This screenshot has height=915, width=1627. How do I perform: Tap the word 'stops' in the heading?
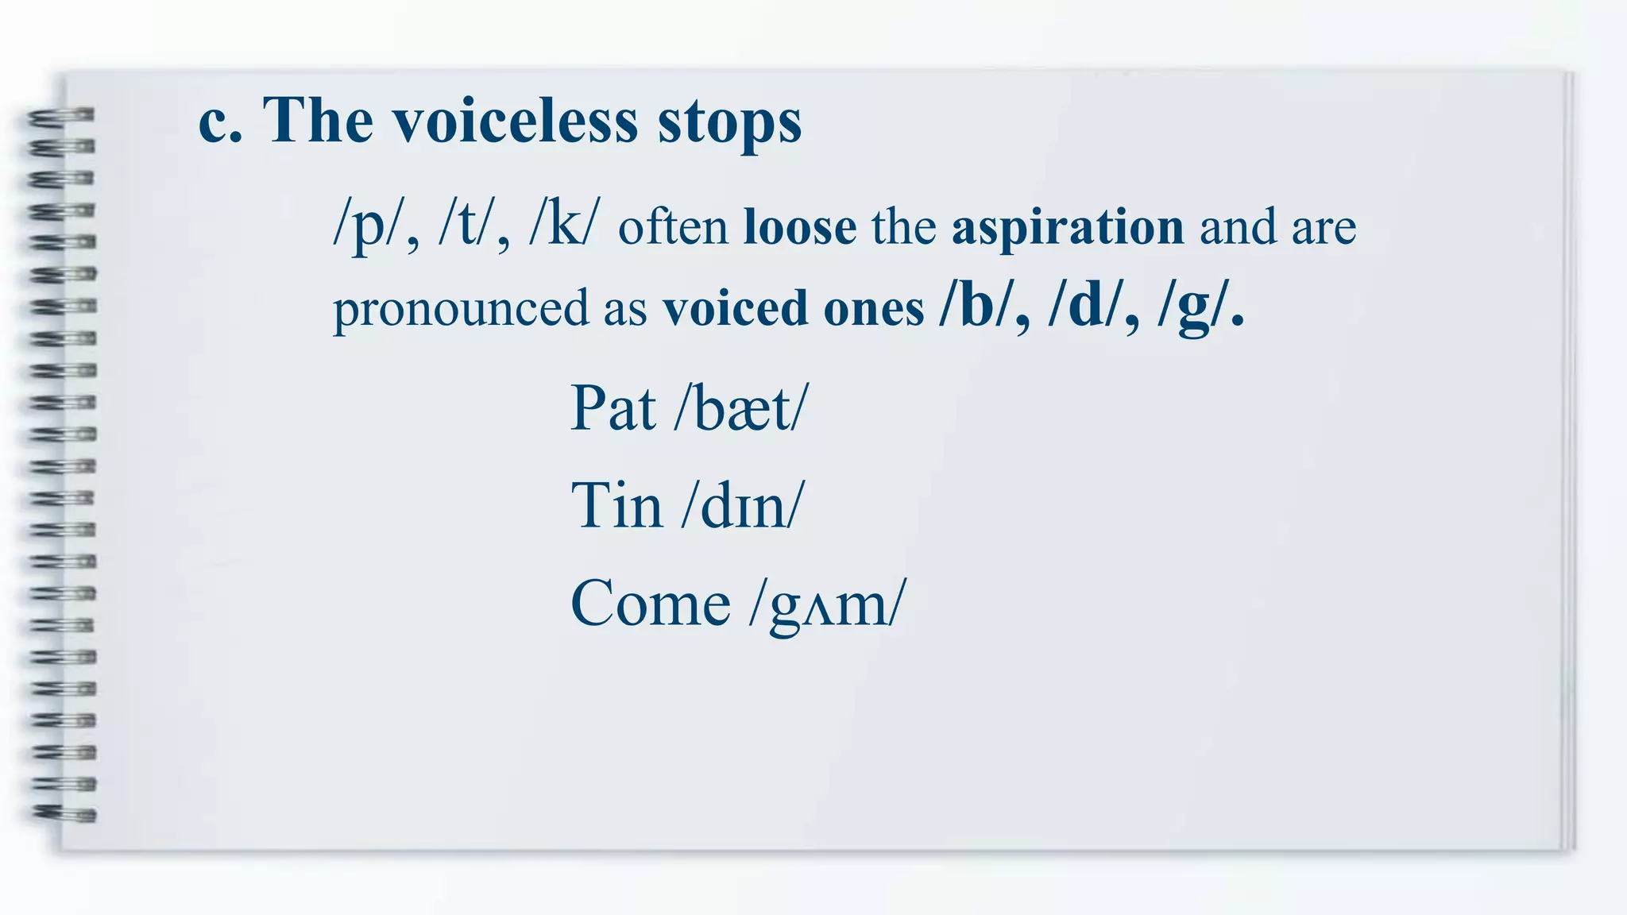[729, 124]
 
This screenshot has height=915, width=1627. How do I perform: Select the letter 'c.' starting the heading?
[220, 122]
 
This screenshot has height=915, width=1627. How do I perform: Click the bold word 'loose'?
[799, 227]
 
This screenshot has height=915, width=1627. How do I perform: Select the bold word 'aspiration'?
[1068, 227]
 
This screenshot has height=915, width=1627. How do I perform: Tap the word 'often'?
[674, 227]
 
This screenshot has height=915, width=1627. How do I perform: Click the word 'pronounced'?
[461, 308]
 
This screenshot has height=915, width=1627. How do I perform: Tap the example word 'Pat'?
[613, 408]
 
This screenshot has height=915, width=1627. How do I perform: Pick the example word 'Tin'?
[616, 505]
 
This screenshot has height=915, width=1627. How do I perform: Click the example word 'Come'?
[650, 604]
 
